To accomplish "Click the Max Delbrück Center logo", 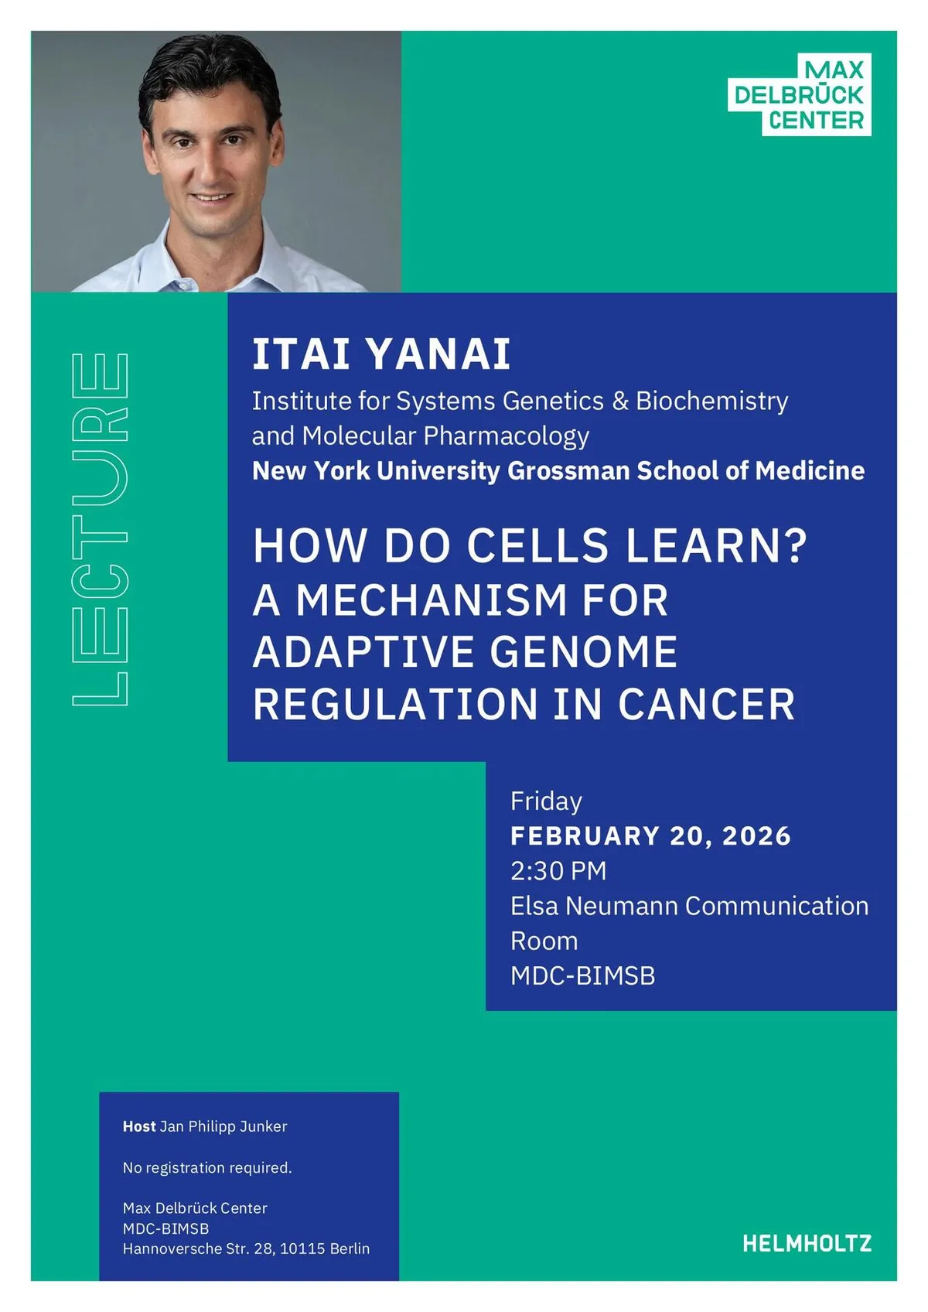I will click(x=800, y=95).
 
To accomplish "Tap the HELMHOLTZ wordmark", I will click(x=807, y=1243).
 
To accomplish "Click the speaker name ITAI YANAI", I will click(x=381, y=354).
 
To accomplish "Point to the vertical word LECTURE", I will click(x=101, y=529).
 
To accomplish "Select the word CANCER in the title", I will click(x=706, y=704).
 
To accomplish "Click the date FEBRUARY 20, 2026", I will click(x=650, y=836).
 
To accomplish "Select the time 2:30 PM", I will click(x=558, y=871).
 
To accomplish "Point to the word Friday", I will click(x=546, y=801).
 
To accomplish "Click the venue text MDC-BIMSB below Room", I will click(x=582, y=976).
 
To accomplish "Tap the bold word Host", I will click(x=139, y=1126).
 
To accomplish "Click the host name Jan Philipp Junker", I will click(x=223, y=1126).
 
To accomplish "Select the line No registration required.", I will click(x=207, y=1167).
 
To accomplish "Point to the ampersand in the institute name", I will click(x=620, y=401).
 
